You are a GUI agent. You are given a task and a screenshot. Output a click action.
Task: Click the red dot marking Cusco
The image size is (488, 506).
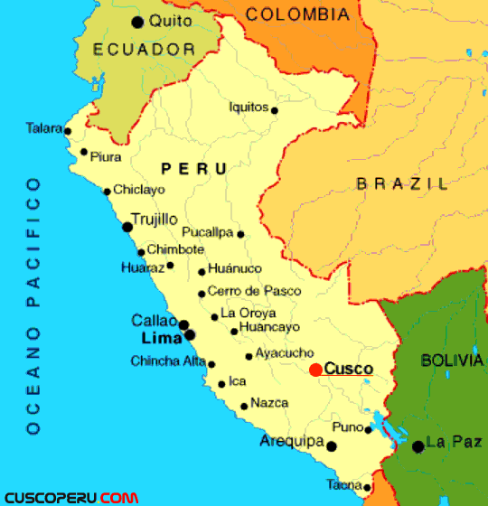[314, 370]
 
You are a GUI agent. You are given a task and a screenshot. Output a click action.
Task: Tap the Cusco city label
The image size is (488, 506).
[348, 369]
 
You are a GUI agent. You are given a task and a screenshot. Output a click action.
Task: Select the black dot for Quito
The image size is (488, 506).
[137, 22]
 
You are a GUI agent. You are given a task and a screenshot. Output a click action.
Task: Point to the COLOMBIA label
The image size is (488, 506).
[297, 14]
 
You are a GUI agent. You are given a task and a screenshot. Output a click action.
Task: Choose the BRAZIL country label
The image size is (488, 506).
[402, 184]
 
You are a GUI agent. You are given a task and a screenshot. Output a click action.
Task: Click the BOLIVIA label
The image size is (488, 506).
[452, 361]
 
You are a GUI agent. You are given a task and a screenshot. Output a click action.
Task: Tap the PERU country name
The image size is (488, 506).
[193, 168]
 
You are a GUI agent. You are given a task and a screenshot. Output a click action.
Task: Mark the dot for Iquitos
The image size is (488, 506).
[275, 111]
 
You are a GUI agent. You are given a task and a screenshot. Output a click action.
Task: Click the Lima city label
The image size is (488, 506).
[162, 338]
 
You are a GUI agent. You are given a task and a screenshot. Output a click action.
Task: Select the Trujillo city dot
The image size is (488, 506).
[127, 227]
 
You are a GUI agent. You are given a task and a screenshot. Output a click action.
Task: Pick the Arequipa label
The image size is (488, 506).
[291, 441]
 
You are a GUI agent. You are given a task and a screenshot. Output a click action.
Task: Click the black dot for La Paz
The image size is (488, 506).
[418, 446]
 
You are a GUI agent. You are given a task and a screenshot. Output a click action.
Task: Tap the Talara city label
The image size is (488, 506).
[43, 128]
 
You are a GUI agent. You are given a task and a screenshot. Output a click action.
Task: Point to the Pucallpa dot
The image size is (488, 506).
[240, 234]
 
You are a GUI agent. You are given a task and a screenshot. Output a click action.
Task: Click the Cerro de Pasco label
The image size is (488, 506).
[254, 291]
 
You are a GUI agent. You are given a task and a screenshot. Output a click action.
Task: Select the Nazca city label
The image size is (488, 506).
[269, 403]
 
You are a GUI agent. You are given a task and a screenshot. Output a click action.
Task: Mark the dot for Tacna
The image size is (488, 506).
[367, 488]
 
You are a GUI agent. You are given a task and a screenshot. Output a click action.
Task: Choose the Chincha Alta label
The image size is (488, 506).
[168, 361]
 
